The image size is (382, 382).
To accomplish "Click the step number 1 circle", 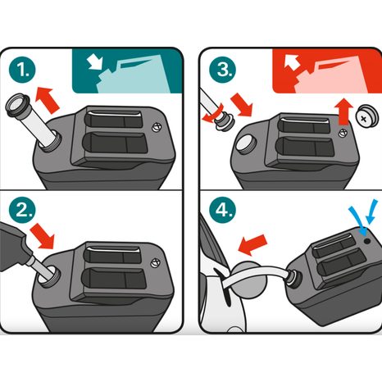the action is click(22, 70).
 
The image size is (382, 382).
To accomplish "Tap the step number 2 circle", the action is click(22, 210).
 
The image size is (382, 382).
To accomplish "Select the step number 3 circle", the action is click(223, 70).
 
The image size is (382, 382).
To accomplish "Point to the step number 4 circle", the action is click(223, 210).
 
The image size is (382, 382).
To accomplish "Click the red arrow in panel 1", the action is click(48, 99).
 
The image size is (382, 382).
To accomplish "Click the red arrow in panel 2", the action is click(43, 235).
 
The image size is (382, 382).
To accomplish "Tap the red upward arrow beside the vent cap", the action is click(344, 111).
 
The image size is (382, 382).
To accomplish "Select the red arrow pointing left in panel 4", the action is click(252, 245).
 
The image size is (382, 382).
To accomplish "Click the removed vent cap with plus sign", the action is click(367, 117).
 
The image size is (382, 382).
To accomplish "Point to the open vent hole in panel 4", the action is click(367, 241).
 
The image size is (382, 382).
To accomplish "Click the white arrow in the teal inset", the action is click(95, 62).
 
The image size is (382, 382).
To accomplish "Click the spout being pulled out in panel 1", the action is click(32, 121).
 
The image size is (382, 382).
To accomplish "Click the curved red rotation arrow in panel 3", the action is click(213, 115).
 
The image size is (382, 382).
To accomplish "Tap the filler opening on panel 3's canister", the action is click(246, 144).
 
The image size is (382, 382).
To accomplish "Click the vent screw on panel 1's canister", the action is click(157, 128).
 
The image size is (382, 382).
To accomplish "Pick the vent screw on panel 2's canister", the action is click(156, 262).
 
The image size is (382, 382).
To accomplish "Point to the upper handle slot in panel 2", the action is click(112, 255).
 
